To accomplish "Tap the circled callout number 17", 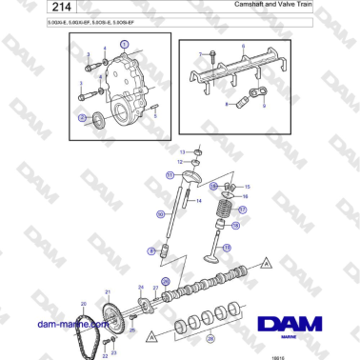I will click(x=242, y=210).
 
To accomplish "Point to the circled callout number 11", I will click(x=170, y=175).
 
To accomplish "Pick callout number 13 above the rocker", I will click(x=183, y=151).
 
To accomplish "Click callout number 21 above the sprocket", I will click(x=108, y=290).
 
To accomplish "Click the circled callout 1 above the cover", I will click(x=123, y=45).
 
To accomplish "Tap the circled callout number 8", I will click(x=150, y=250).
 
